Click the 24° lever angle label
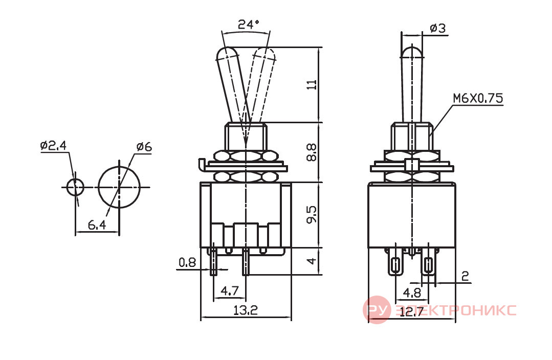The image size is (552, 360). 249,24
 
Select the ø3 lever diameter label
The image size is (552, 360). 438,28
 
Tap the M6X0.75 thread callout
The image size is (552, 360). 478,98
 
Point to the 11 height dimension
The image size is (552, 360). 312,85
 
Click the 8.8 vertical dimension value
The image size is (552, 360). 312,152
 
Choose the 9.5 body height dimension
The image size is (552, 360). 312,215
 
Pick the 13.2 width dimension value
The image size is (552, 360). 246,310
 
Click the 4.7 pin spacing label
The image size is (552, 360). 230,291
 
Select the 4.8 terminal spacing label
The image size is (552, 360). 412,293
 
